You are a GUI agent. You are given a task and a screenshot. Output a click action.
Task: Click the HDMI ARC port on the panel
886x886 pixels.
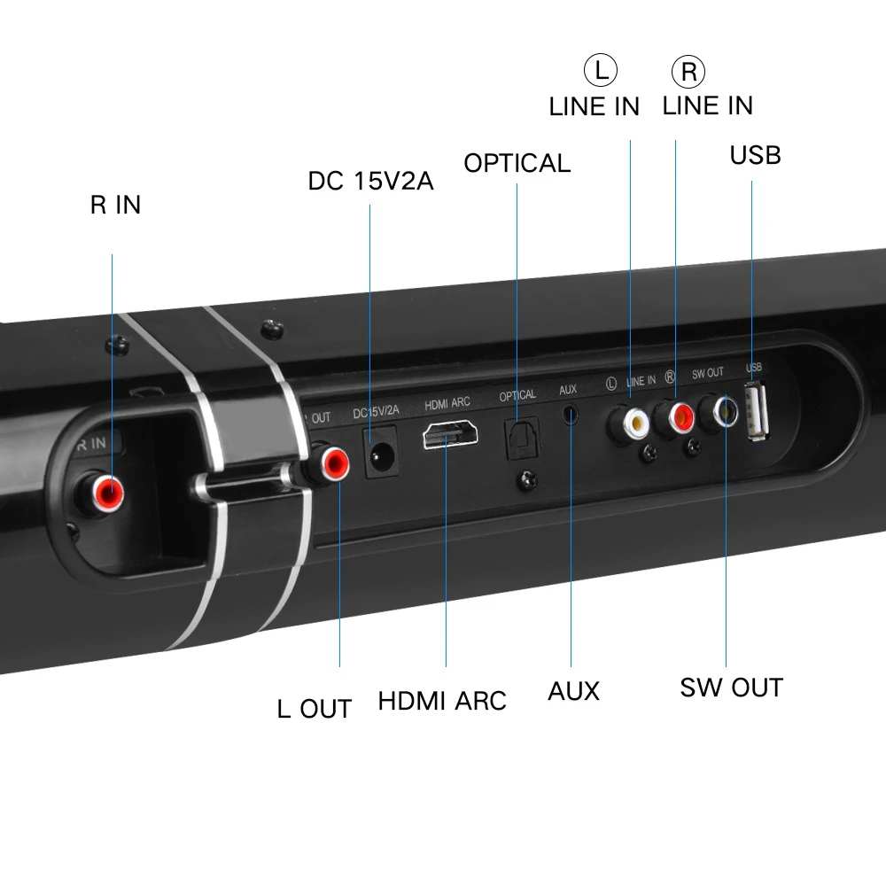451,438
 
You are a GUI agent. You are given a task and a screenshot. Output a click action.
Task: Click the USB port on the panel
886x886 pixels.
757,409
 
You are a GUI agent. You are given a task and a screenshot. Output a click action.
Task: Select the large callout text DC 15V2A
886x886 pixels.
370,181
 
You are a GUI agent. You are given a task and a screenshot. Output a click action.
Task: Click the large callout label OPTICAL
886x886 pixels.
517,163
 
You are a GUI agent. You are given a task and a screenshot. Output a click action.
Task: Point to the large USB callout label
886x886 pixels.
755,155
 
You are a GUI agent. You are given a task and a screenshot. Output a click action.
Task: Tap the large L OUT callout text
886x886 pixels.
314,709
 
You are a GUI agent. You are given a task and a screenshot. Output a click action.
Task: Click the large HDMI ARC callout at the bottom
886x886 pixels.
442,701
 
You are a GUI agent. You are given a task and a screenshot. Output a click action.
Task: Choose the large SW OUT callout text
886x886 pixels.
731,688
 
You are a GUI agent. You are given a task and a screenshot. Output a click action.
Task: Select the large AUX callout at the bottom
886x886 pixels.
573,691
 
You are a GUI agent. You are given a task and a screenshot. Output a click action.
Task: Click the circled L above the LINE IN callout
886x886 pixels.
599,70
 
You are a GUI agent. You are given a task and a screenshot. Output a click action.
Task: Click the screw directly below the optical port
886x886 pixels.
528,481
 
